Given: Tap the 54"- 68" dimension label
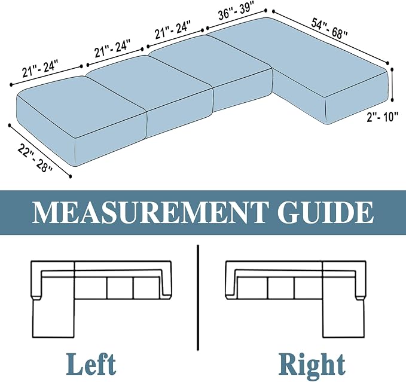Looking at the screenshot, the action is click(x=329, y=28).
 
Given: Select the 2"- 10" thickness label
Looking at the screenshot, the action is click(x=382, y=117).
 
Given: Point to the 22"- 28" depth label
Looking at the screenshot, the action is click(x=35, y=158).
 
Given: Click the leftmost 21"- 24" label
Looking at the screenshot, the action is click(x=39, y=68).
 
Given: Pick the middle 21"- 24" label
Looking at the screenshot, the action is click(x=112, y=48).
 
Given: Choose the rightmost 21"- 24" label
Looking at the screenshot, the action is click(x=173, y=29).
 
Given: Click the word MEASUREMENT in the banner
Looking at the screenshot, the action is click(x=149, y=212).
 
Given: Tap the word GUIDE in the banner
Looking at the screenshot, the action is click(x=325, y=212).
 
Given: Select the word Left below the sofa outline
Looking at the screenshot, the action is click(x=91, y=364).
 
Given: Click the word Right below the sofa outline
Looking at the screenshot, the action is click(x=312, y=365).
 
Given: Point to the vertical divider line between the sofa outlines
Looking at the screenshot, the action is click(x=198, y=298).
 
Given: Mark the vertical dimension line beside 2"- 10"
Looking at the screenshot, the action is click(x=392, y=84).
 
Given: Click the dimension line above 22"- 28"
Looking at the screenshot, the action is click(x=40, y=151).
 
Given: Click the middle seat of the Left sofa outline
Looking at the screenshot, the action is click(x=120, y=288).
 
